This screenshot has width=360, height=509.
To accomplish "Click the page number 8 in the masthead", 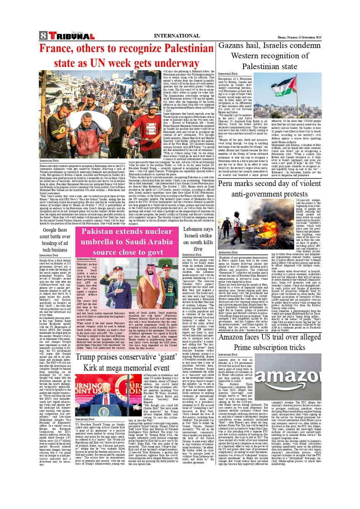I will (43, 36).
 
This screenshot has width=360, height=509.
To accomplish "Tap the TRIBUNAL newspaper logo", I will (71, 36).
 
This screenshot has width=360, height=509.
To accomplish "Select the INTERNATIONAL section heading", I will (176, 36).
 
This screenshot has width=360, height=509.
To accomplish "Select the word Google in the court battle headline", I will (49, 230).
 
